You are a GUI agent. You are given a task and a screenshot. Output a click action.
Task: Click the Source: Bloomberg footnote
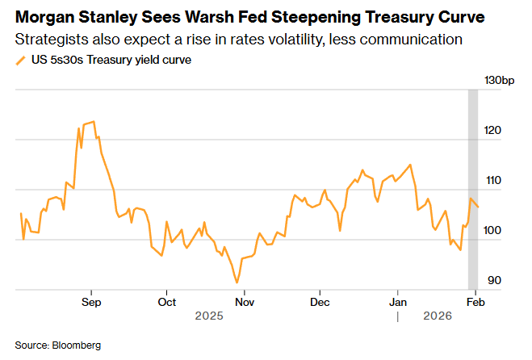(x=58, y=345)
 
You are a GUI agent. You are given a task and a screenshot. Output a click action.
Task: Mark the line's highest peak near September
(x=94, y=122)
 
